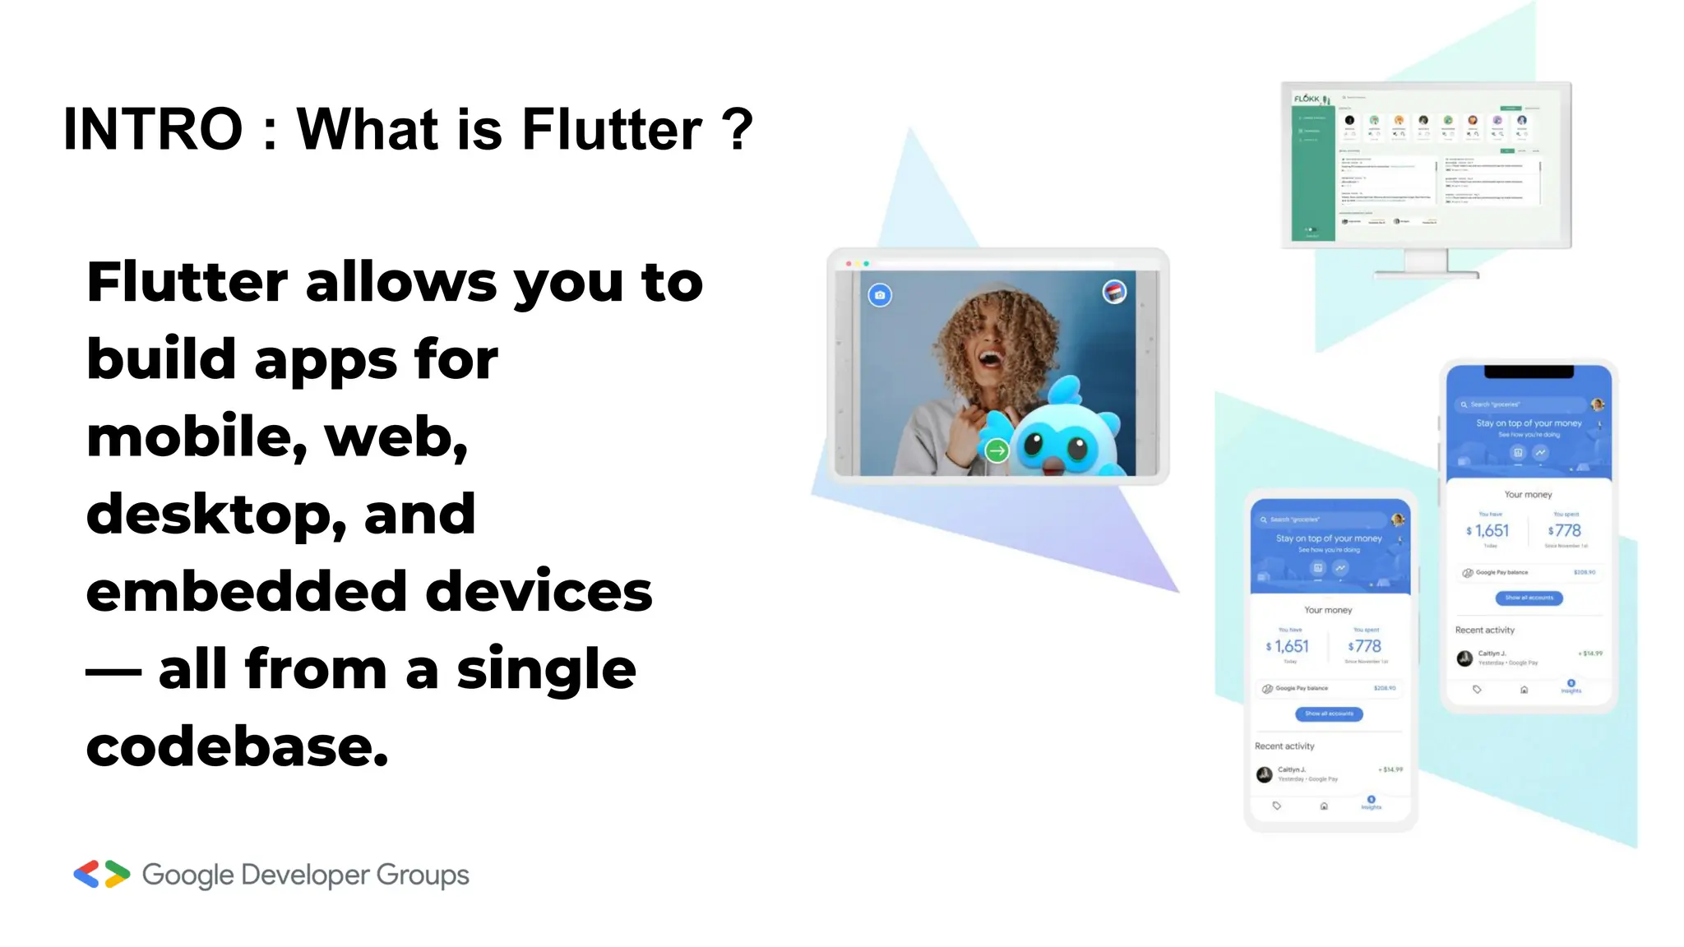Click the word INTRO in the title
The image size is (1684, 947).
pyautogui.click(x=153, y=130)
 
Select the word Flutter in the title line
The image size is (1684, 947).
pyautogui.click(x=612, y=130)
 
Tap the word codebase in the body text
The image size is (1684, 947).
pyautogui.click(x=236, y=746)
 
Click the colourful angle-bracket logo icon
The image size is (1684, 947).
pyautogui.click(x=102, y=874)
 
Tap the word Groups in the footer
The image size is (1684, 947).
pyautogui.click(x=423, y=875)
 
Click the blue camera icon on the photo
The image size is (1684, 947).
pyautogui.click(x=880, y=295)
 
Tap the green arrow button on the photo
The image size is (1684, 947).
pyautogui.click(x=997, y=450)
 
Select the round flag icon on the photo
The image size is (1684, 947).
pyautogui.click(x=1114, y=292)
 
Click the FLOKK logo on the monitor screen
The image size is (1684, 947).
pyautogui.click(x=1307, y=99)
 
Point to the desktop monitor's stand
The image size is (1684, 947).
pyautogui.click(x=1426, y=265)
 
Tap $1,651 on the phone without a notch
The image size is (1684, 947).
pyautogui.click(x=1289, y=647)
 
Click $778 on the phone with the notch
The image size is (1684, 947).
pyautogui.click(x=1564, y=531)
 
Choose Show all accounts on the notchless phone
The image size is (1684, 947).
pyautogui.click(x=1329, y=714)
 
